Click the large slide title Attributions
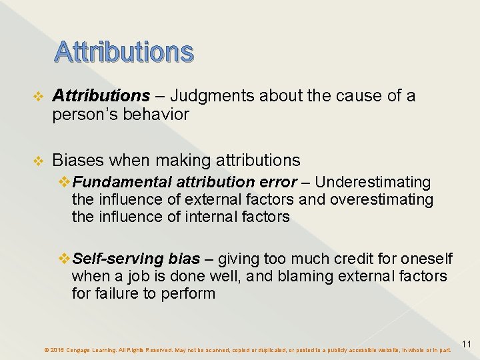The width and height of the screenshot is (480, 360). point(124,51)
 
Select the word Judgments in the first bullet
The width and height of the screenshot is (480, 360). point(212,97)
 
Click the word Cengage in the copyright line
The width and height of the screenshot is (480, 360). point(81,350)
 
